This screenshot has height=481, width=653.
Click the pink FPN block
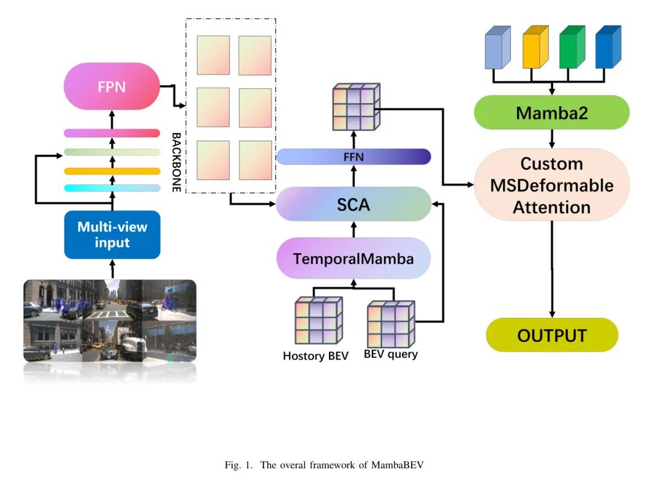pos(112,86)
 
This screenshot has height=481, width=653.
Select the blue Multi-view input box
pos(112,234)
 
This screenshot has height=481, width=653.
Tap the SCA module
pos(353,204)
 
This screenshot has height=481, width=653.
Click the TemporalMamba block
pos(353,259)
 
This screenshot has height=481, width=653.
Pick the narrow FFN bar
pos(353,157)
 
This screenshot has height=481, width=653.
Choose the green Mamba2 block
pos(551,112)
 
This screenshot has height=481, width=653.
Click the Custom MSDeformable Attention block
pos(551,185)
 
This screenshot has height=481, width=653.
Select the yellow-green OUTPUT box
pos(551,335)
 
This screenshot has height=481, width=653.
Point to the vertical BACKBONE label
pos(176,162)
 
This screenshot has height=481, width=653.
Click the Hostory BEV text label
pos(315,356)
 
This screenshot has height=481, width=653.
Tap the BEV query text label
pos(391,354)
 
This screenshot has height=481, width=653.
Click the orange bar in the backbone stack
pos(112,171)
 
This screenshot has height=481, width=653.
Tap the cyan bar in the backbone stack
pos(112,188)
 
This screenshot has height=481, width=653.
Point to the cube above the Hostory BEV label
pos(315,322)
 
